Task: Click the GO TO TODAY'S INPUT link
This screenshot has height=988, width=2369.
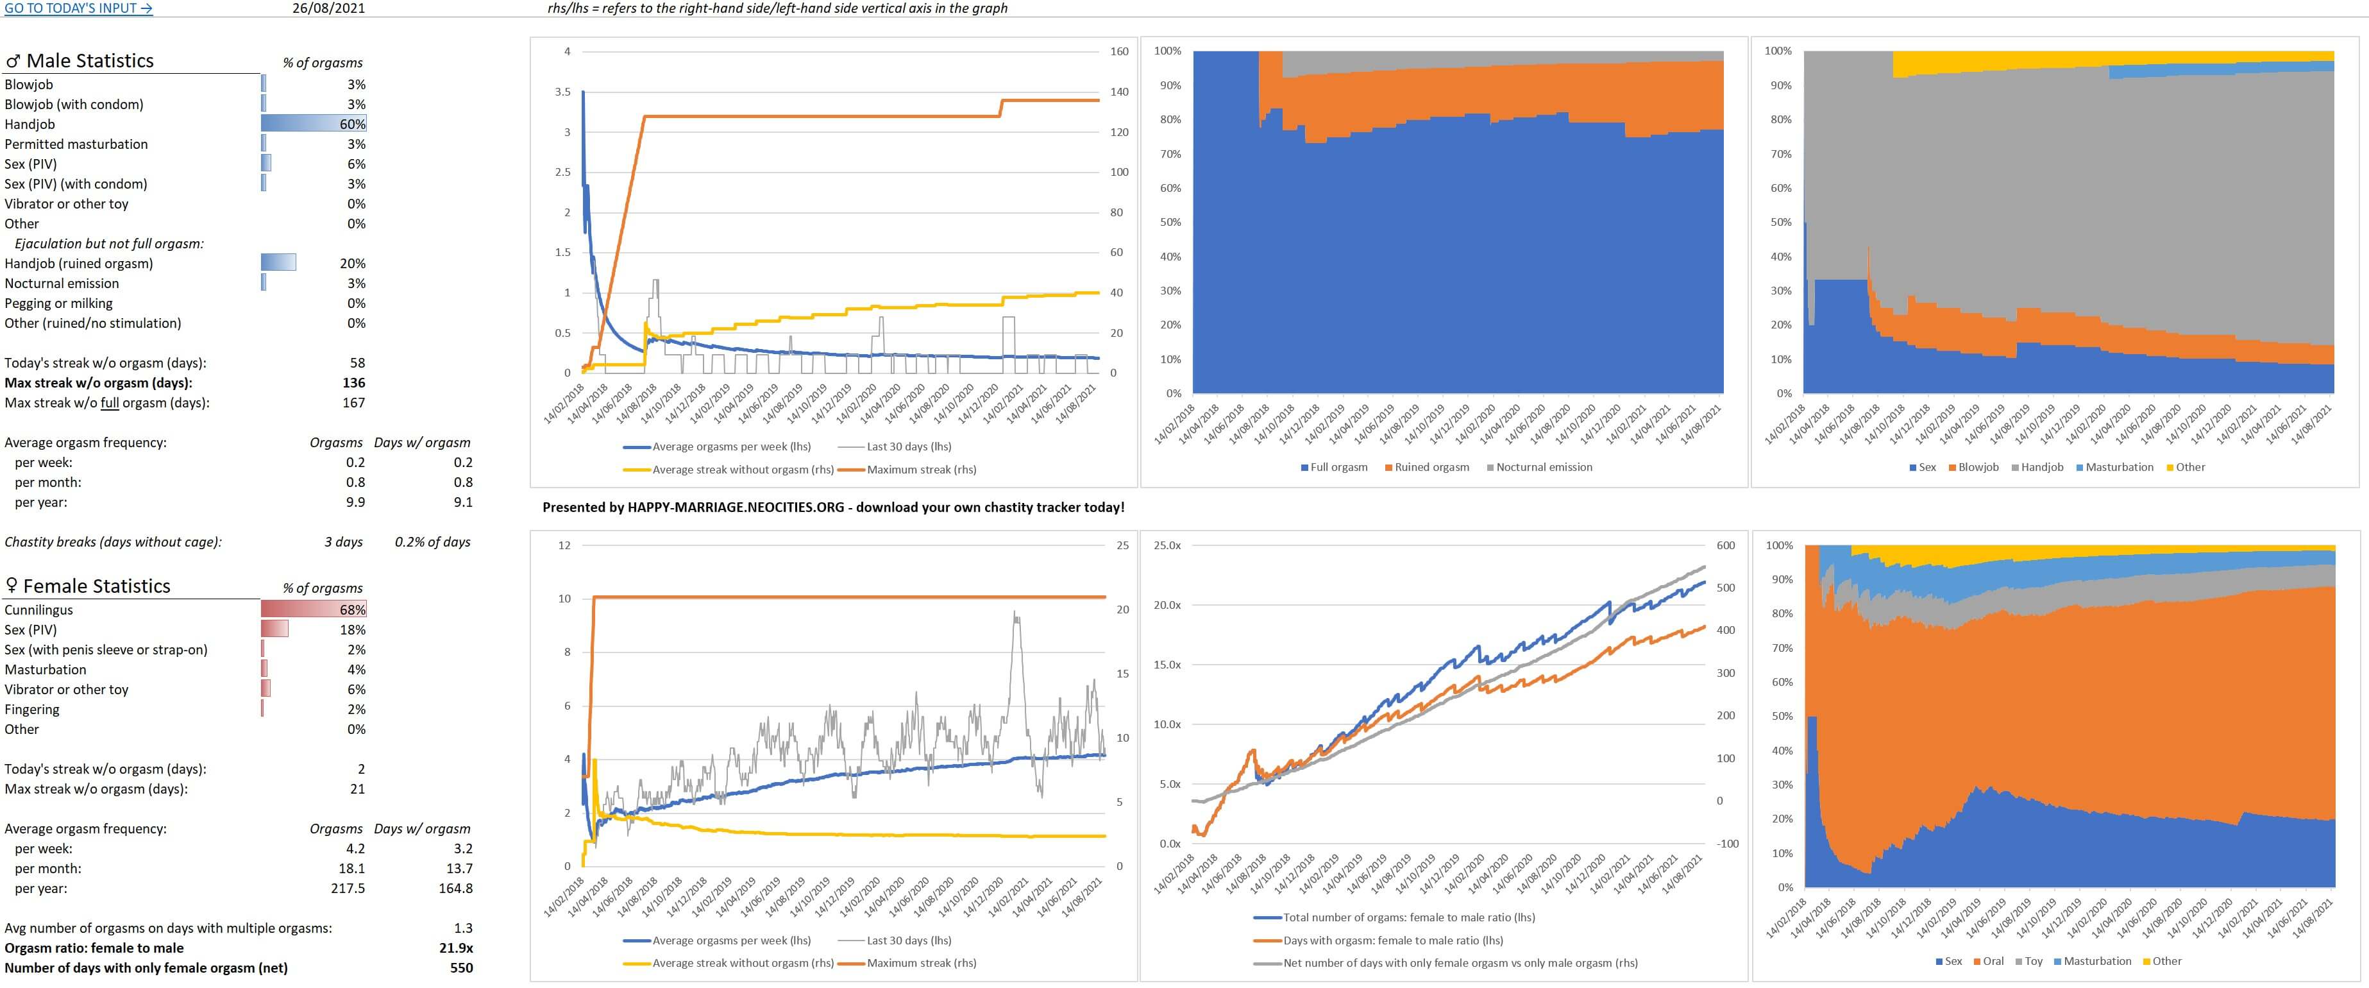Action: [78, 8]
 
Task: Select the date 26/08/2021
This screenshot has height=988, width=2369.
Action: [328, 8]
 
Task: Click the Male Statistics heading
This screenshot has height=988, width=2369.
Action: [89, 61]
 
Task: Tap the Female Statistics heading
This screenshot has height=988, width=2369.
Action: [96, 586]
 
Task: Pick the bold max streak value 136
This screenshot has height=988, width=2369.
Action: [353, 382]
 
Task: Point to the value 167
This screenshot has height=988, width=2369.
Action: [353, 403]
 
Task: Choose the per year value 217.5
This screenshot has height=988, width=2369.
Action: [348, 889]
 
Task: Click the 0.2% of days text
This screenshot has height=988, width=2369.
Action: [432, 542]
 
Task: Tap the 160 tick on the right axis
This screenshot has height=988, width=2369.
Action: [1119, 51]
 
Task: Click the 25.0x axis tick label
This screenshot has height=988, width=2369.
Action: [1167, 545]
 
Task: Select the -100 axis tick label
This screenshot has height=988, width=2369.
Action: [1727, 844]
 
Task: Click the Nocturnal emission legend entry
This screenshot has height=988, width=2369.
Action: [1543, 467]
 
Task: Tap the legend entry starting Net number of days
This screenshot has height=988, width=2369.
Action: [1460, 963]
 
